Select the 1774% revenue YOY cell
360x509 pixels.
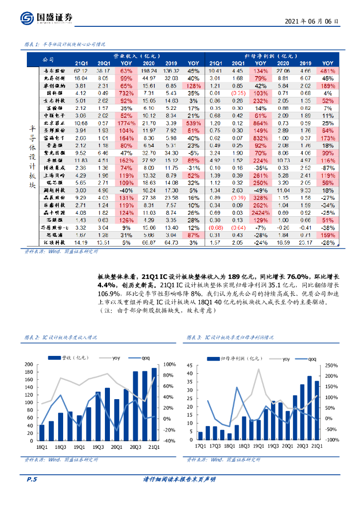coord(126,123)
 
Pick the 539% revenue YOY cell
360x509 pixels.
coord(192,123)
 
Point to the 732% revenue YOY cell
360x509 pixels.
coord(126,93)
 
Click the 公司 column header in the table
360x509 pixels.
coord(49,59)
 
